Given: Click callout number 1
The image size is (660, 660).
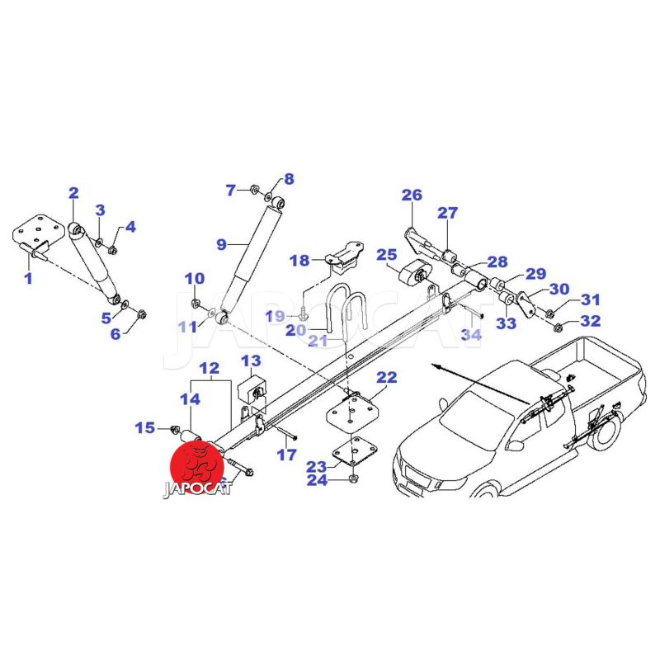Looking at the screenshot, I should click(x=28, y=278).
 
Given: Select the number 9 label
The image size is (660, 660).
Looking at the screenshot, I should click(x=221, y=244).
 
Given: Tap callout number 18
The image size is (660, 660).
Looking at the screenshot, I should click(x=299, y=261).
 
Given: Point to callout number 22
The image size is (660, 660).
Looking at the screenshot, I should click(x=387, y=378).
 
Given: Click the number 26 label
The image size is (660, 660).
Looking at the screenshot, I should click(x=412, y=196).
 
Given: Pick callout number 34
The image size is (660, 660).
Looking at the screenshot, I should click(x=470, y=335).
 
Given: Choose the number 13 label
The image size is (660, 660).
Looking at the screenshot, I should click(x=251, y=361).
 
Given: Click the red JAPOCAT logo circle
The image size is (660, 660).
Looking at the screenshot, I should click(x=198, y=465).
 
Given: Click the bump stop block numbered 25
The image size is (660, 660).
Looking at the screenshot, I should click(x=412, y=274).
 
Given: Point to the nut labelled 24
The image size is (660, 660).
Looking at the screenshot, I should click(x=353, y=478).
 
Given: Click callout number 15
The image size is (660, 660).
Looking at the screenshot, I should click(x=145, y=427).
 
